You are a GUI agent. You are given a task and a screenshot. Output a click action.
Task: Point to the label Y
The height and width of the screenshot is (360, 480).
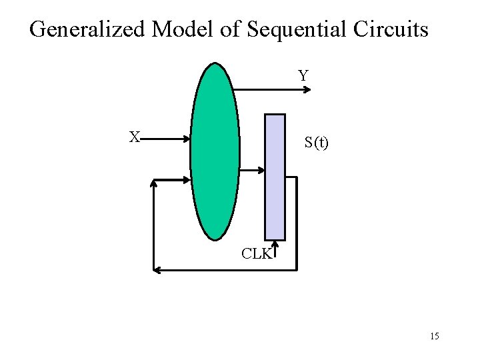(303, 76)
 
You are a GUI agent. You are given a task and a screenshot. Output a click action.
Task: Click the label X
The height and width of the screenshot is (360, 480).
(135, 137)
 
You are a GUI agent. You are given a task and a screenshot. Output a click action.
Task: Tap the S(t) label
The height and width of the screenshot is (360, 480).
(316, 142)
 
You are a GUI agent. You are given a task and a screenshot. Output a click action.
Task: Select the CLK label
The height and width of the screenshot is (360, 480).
(256, 253)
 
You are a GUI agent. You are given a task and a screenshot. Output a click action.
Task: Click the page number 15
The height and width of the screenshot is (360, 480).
(434, 336)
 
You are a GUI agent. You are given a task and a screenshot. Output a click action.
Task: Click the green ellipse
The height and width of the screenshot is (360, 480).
(215, 151)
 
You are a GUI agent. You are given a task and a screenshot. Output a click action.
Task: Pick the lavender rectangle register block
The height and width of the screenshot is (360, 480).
(275, 177)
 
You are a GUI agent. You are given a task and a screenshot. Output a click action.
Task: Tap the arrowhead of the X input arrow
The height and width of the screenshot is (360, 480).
(187, 139)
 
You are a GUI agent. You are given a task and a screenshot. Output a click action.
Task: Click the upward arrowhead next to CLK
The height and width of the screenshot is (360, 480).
(275, 246)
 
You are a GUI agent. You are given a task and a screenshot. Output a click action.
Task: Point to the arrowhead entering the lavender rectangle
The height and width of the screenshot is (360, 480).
(261, 171)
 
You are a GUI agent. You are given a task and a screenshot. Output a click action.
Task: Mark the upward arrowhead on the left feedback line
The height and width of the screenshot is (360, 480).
(153, 183)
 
